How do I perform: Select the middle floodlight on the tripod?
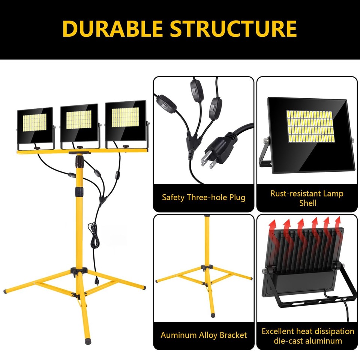(79, 124)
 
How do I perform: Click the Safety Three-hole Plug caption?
(204, 197)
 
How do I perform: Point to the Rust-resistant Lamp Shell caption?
(307, 198)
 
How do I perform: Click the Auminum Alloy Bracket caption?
(204, 335)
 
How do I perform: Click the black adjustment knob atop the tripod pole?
(80, 162)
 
